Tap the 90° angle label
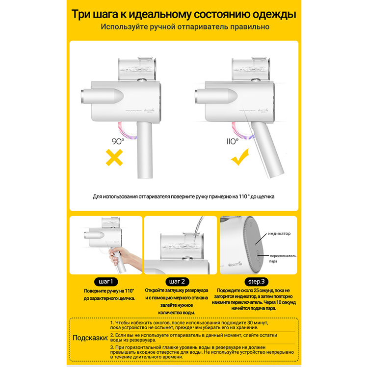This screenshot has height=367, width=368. (x=118, y=141)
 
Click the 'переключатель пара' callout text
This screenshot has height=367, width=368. (x=282, y=258)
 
